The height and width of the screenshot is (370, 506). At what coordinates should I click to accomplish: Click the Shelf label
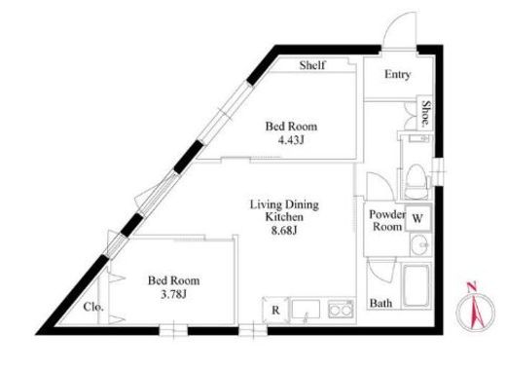click(312, 65)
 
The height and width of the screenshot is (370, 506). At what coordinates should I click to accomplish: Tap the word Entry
click(397, 75)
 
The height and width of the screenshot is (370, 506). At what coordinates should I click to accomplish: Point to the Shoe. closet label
click(426, 113)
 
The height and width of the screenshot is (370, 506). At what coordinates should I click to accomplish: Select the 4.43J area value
click(291, 140)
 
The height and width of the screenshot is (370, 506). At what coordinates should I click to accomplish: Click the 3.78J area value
click(173, 294)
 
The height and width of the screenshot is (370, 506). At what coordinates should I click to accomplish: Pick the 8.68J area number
click(284, 230)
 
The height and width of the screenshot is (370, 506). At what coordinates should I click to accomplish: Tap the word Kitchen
click(284, 217)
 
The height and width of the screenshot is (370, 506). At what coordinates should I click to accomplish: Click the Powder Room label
click(387, 220)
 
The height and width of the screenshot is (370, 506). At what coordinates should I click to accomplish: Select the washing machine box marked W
click(417, 218)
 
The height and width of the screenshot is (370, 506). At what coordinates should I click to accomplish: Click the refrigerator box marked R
click(275, 311)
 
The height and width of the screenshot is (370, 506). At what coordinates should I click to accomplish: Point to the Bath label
click(380, 303)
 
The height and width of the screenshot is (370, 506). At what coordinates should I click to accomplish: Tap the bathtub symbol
click(416, 285)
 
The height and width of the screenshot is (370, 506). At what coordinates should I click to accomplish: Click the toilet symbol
click(416, 181)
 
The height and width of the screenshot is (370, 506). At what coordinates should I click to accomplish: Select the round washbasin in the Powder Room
click(420, 245)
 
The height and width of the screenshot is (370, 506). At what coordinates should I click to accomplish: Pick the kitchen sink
click(306, 310)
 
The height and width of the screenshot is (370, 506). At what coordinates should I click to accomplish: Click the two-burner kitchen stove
click(341, 310)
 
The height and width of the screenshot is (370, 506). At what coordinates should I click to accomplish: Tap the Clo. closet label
click(93, 307)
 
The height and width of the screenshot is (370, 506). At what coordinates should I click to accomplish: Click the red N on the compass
click(471, 286)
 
